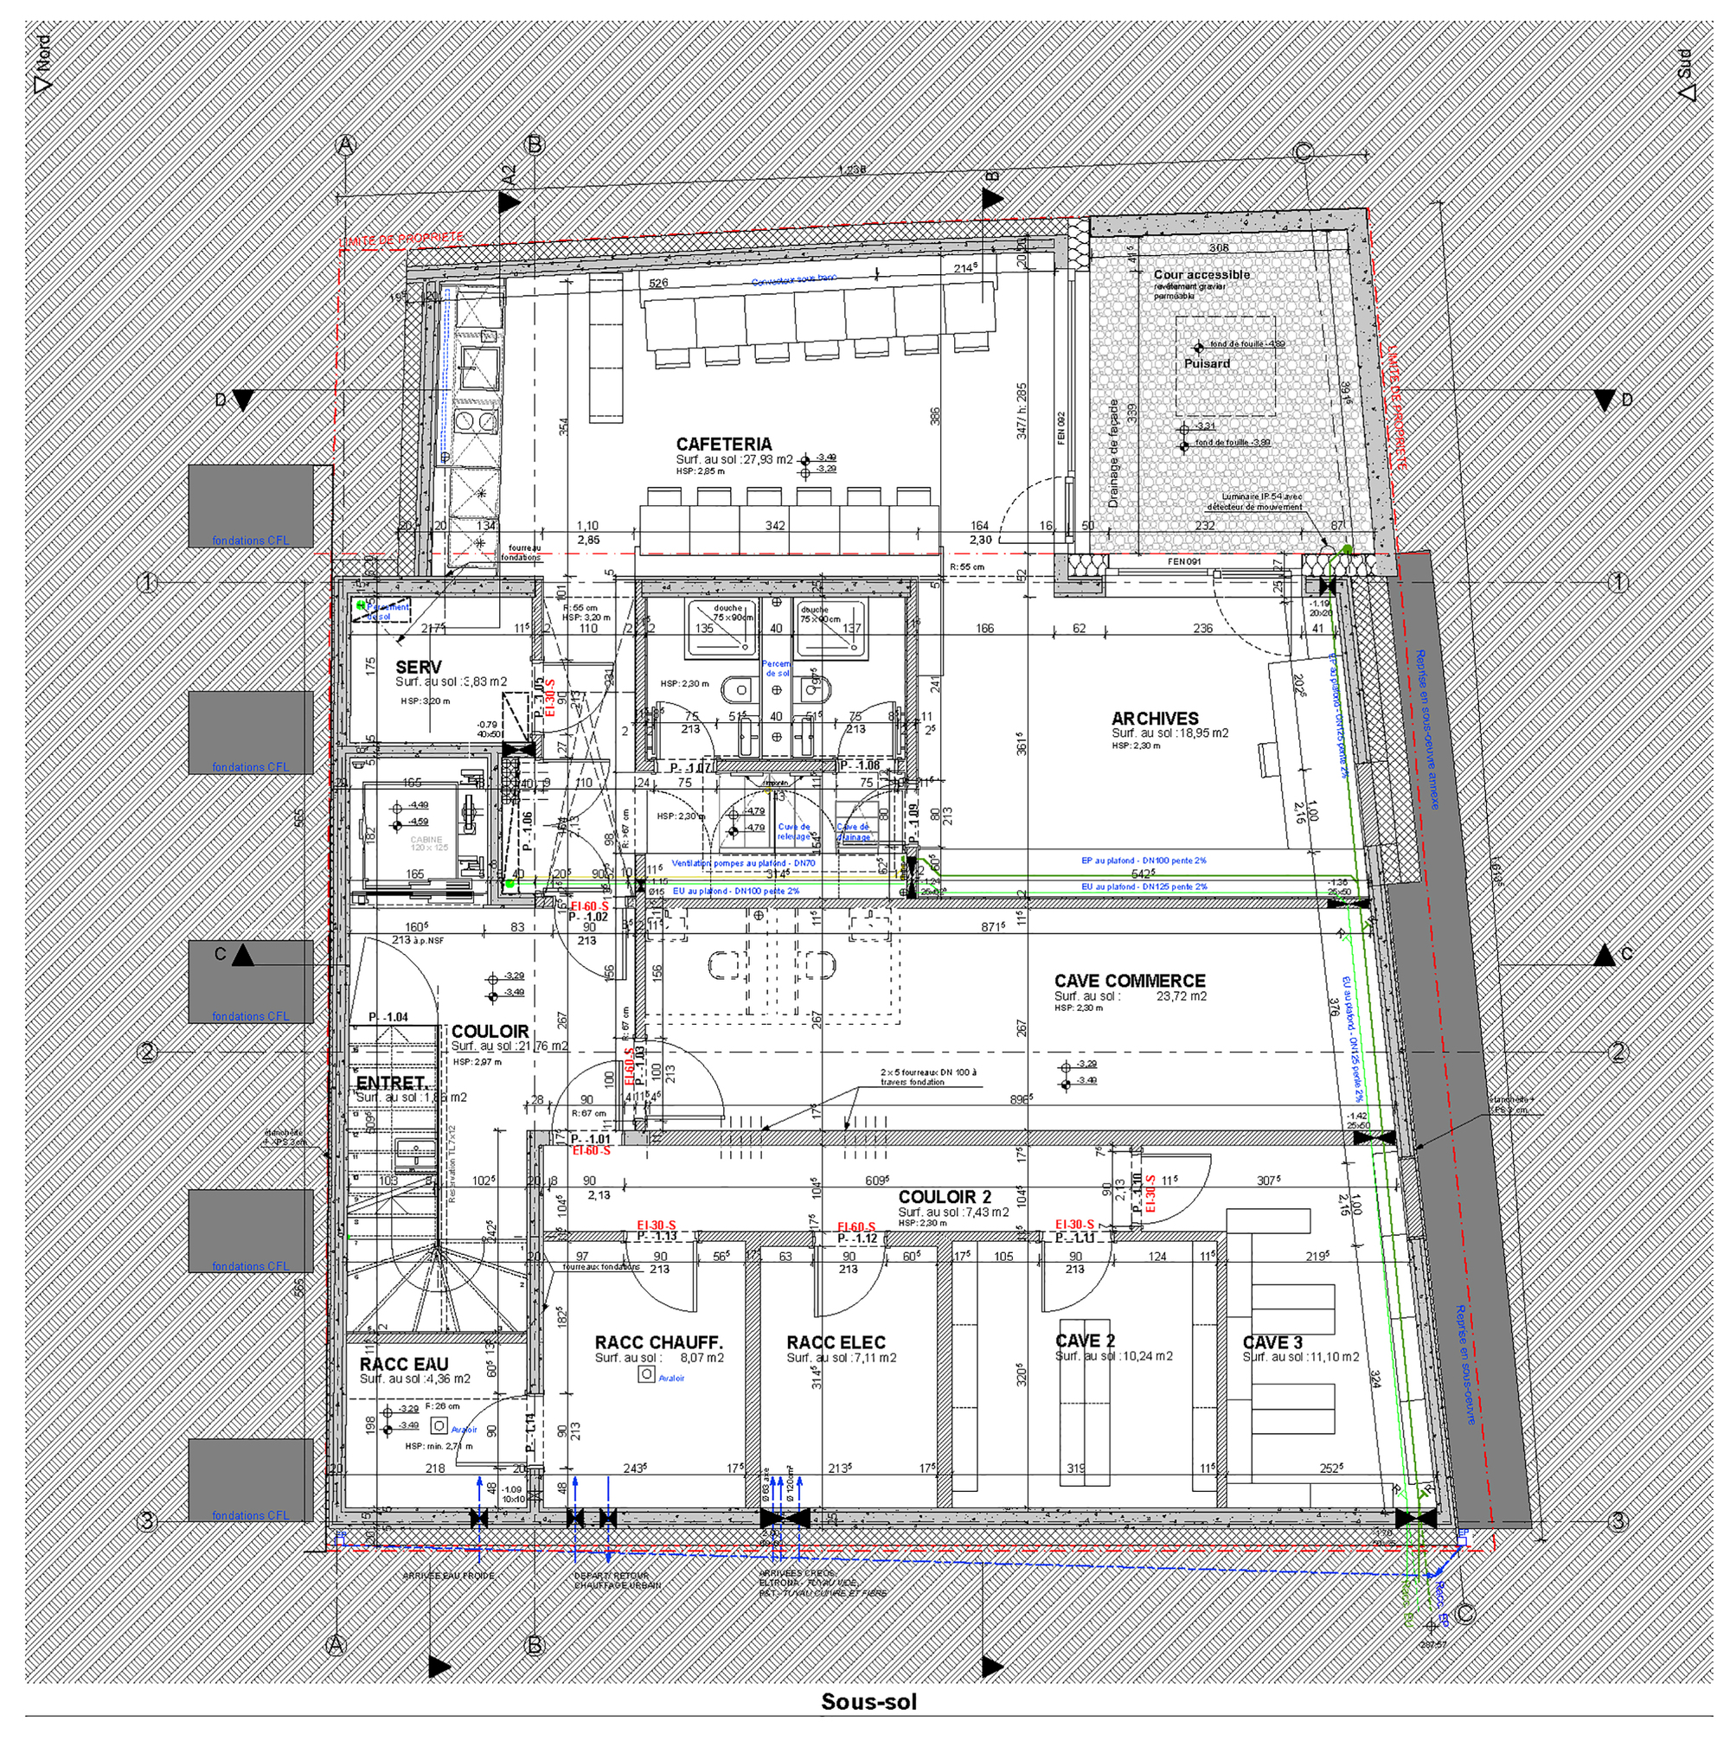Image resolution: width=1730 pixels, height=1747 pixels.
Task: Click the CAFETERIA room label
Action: (x=723, y=444)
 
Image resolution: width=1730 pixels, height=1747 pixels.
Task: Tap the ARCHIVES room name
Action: (x=1155, y=719)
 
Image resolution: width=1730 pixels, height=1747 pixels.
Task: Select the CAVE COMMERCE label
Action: (x=1130, y=981)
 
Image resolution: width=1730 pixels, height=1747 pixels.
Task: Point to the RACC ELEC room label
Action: (x=836, y=1343)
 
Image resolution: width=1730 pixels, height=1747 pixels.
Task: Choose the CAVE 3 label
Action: (x=1272, y=1343)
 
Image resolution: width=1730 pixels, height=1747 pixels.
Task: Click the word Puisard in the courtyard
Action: (x=1207, y=363)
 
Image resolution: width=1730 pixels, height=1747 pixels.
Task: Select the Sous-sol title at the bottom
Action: (x=868, y=1702)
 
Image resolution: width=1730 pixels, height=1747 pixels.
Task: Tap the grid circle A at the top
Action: (x=345, y=144)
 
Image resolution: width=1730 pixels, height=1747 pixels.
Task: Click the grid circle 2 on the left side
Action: (x=147, y=1052)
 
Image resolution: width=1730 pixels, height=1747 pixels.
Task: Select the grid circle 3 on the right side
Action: (x=1618, y=1522)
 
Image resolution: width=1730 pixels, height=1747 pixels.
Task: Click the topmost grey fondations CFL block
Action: (x=251, y=507)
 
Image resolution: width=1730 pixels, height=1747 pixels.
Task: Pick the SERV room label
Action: (x=419, y=668)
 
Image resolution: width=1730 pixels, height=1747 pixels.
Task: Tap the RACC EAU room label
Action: (x=403, y=1365)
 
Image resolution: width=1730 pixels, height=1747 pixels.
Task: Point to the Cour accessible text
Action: (x=1201, y=275)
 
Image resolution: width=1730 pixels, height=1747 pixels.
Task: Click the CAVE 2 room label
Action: (x=1085, y=1341)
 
